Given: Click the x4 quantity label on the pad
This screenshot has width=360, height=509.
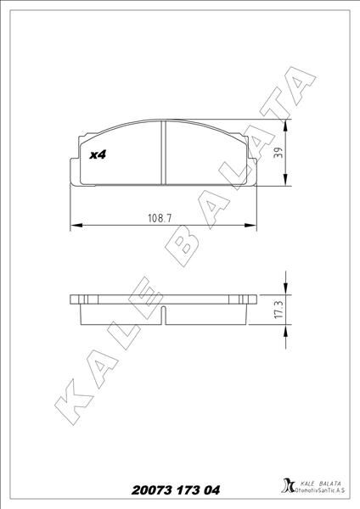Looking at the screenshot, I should [98, 156].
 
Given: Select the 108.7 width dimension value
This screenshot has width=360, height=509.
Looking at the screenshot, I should [160, 218].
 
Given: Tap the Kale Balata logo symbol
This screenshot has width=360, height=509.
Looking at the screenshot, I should [286, 487].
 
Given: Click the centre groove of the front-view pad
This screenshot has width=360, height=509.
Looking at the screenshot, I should [161, 153].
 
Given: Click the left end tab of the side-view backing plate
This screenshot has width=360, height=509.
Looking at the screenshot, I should [76, 299].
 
